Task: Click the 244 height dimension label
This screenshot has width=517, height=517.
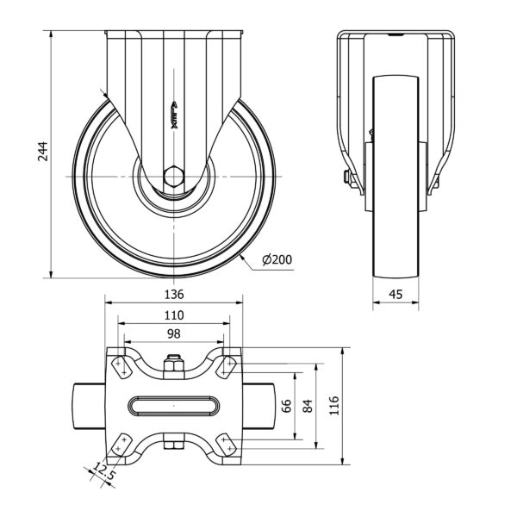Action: [43, 152]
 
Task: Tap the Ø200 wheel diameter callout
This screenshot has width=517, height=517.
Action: [277, 260]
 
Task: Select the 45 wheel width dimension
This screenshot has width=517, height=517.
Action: [396, 294]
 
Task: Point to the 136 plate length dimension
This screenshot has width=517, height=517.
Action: [174, 294]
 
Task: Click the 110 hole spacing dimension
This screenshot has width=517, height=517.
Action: [174, 315]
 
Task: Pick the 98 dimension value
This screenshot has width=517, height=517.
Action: [174, 334]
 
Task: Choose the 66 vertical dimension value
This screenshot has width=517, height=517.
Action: [287, 406]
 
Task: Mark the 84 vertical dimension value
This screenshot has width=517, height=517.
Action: [308, 406]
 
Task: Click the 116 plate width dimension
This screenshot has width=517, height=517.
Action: [334, 406]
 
